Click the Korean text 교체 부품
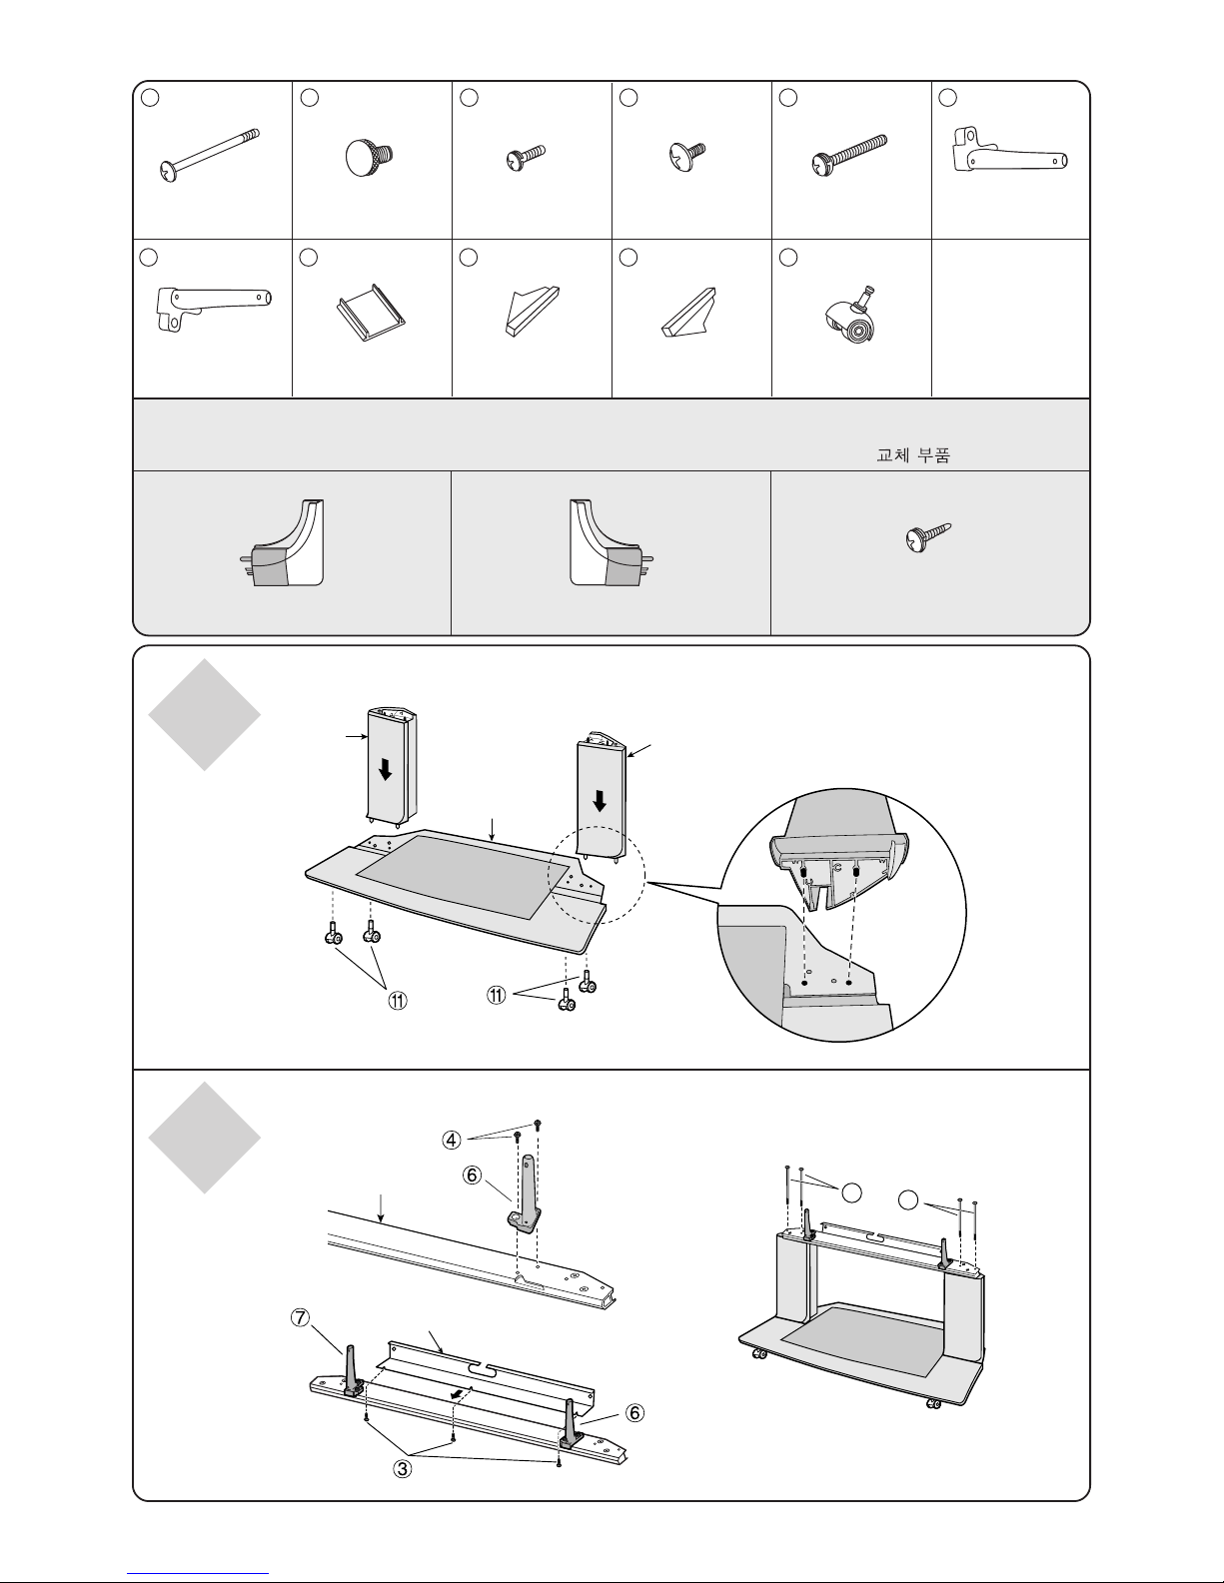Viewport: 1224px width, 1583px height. [913, 455]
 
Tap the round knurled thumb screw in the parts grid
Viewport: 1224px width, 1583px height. [369, 157]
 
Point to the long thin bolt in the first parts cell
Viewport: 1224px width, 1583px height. [209, 155]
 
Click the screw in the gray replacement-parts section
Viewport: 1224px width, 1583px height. [927, 536]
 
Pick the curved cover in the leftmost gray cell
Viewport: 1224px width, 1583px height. [283, 542]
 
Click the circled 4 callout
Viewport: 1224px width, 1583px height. [452, 1141]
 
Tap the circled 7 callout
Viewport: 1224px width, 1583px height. [300, 1317]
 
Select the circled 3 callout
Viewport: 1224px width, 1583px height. [402, 1468]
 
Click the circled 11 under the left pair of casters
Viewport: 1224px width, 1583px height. [397, 1001]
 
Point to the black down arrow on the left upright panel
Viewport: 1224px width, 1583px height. [386, 769]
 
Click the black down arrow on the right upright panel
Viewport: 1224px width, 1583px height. [600, 801]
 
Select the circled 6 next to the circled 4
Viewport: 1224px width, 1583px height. [472, 1176]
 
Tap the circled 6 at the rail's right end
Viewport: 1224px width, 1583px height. [635, 1413]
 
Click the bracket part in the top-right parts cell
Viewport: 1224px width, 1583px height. [1010, 150]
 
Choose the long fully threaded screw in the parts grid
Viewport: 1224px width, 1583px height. [849, 156]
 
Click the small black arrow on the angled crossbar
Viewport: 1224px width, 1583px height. [458, 1393]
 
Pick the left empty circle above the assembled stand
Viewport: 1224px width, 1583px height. [851, 1192]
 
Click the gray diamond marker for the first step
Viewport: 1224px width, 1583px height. [204, 715]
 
